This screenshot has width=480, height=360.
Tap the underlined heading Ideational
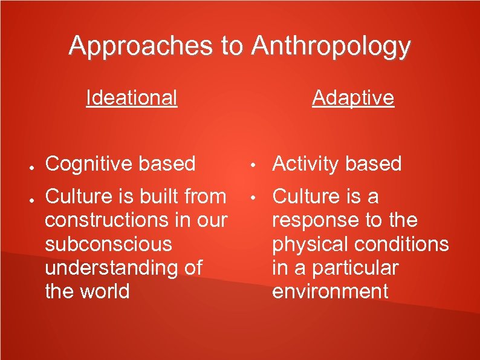[132, 97]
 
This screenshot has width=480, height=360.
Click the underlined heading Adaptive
[353, 97]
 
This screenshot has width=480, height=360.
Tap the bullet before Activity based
[256, 165]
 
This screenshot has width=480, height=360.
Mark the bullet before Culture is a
[256, 197]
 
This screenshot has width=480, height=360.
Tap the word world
[103, 291]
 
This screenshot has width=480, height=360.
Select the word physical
[310, 244]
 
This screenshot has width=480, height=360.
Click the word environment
[330, 291]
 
